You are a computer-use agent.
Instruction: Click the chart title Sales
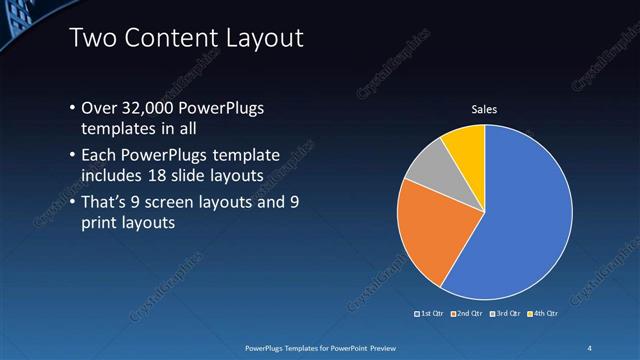point(485,109)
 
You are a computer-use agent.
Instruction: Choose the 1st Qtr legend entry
point(431,314)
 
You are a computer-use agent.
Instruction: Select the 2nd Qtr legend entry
point(467,314)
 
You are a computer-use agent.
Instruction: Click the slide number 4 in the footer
point(590,347)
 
